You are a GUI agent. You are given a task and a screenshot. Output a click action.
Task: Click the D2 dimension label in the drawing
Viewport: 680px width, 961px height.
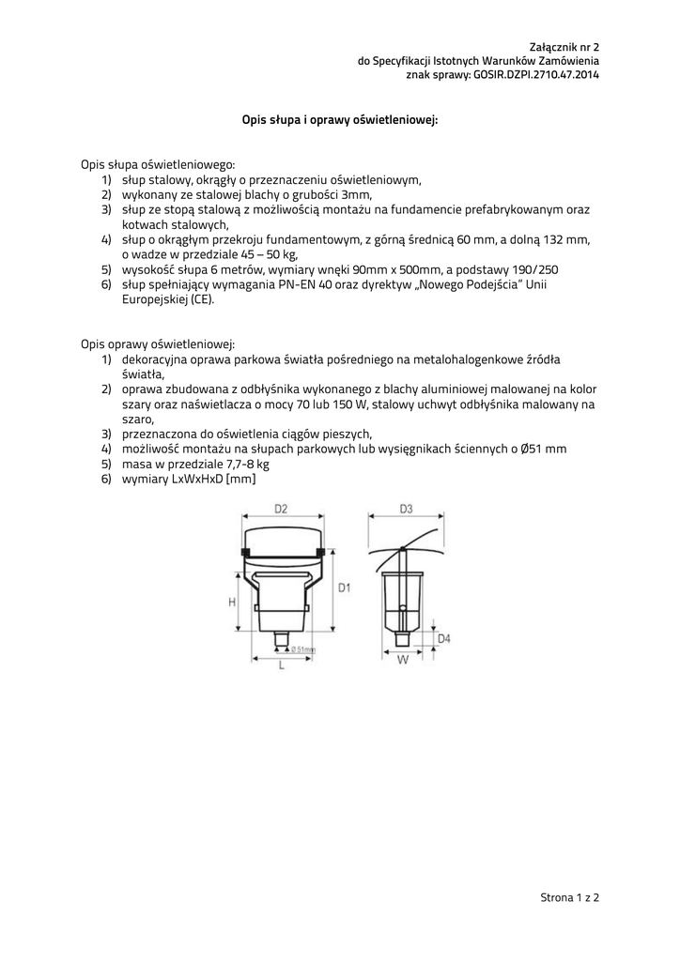[x=280, y=509]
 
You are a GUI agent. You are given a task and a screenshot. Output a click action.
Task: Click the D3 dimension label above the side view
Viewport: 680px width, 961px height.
[x=406, y=509]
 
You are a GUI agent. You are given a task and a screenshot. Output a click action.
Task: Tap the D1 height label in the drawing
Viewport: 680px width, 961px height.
[x=345, y=587]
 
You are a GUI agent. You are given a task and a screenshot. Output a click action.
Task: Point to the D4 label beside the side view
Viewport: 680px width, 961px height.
[x=444, y=639]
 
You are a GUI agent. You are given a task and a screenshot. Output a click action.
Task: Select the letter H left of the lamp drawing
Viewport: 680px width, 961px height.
[x=231, y=603]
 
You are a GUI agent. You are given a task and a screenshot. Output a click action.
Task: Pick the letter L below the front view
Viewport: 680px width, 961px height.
[x=281, y=665]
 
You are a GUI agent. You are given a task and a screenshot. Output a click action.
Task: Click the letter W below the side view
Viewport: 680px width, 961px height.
[x=402, y=660]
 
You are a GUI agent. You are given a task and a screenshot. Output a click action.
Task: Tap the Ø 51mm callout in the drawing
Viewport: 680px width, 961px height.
[x=302, y=648]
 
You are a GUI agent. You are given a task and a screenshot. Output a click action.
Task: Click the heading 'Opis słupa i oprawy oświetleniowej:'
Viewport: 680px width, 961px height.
[x=340, y=120]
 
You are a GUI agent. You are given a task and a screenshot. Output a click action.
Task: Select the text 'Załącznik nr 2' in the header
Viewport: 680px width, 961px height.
[x=564, y=45]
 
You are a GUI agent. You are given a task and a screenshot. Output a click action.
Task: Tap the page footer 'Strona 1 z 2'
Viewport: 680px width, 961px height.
[x=569, y=897]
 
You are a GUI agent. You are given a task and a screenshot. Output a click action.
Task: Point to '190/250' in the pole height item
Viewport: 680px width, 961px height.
[x=537, y=268]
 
